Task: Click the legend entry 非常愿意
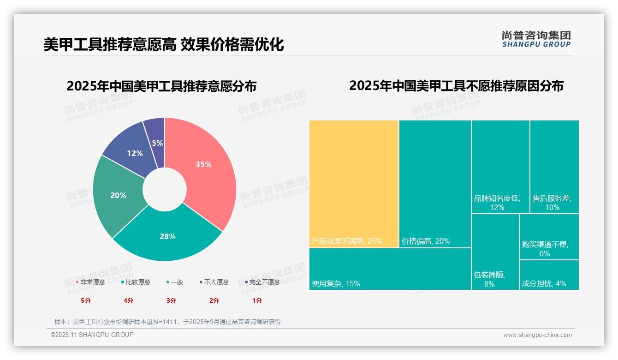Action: (x=90, y=282)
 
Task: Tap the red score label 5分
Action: (x=86, y=300)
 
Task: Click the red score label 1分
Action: (x=257, y=300)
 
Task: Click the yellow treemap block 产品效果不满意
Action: (x=354, y=184)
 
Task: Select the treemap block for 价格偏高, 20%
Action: (x=435, y=184)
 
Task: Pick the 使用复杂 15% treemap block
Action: (x=390, y=269)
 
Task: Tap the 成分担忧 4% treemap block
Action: (x=549, y=275)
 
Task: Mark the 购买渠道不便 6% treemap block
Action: (x=549, y=237)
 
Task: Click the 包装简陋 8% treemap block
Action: (x=495, y=252)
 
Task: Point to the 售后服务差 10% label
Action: (x=552, y=203)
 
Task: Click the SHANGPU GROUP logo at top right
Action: (x=536, y=39)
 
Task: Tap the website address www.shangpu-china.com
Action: (x=537, y=335)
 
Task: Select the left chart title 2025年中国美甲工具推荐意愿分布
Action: (x=161, y=86)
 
